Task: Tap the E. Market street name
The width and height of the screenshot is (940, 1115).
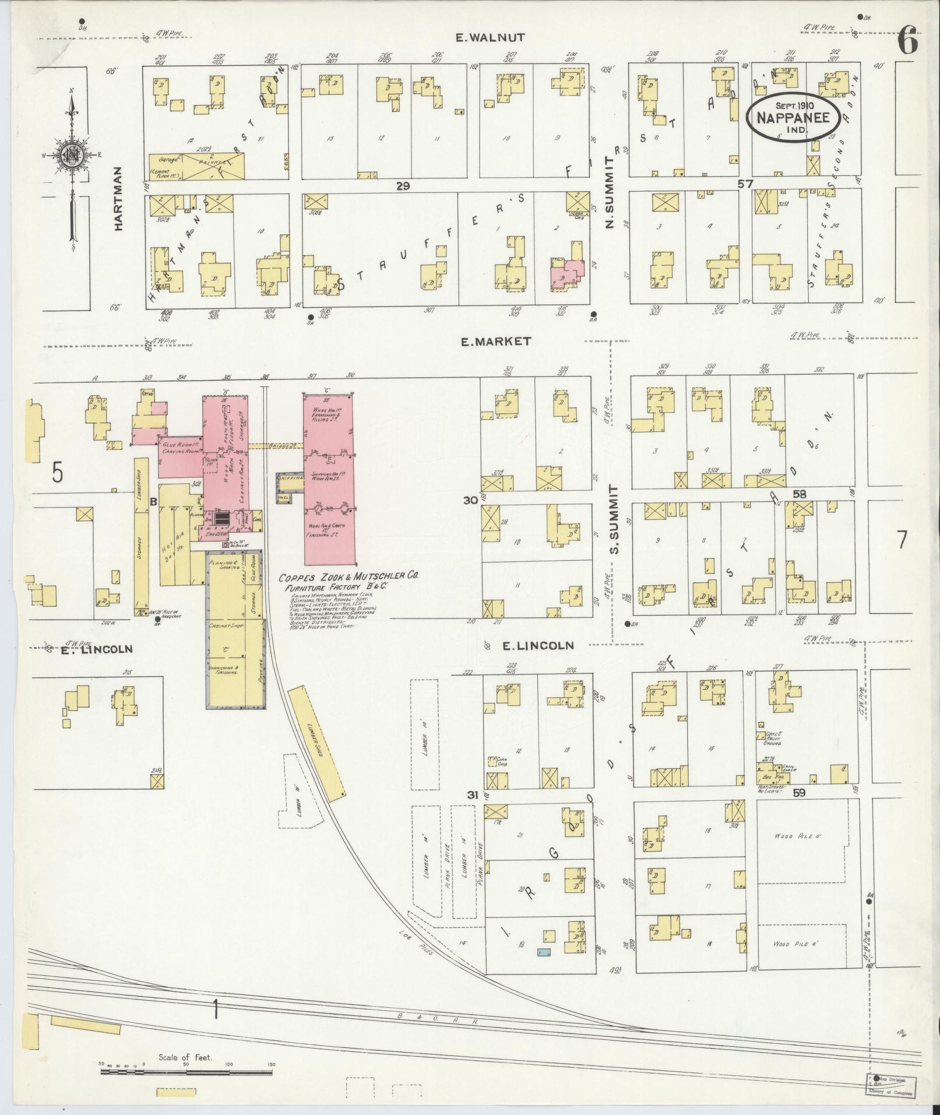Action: coord(495,342)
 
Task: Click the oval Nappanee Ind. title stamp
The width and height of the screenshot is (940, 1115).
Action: coord(793,119)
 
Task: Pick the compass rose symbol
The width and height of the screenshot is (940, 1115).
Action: coord(71,155)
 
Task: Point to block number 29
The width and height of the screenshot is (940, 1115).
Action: coord(403,186)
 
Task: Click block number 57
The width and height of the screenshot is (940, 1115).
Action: coord(745,184)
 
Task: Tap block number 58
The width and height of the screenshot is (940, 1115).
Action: coord(800,494)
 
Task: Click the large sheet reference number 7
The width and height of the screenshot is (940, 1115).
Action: coord(902,541)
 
